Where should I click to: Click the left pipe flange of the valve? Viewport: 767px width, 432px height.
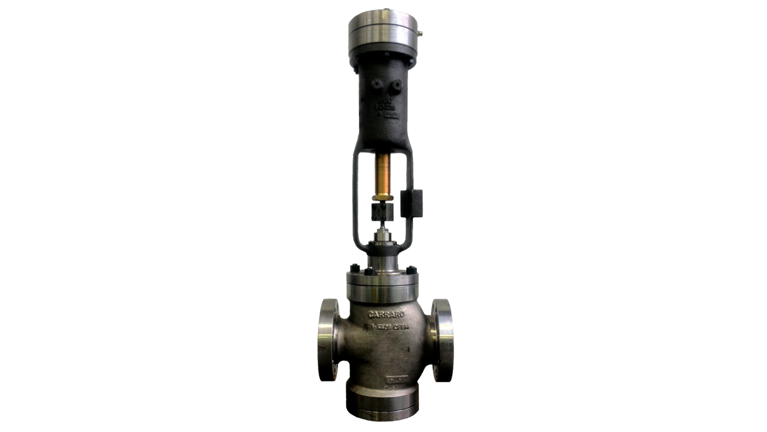coord(328,339)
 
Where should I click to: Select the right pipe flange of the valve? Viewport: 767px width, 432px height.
coord(442,339)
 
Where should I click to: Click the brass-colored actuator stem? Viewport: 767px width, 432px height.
coord(383,177)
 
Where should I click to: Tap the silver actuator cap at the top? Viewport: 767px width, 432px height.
coord(383,32)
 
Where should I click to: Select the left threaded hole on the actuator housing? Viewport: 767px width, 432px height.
coord(375,83)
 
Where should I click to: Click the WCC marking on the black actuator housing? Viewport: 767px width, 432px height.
coord(384,100)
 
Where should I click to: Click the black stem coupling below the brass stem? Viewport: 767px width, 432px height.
coord(383,207)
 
